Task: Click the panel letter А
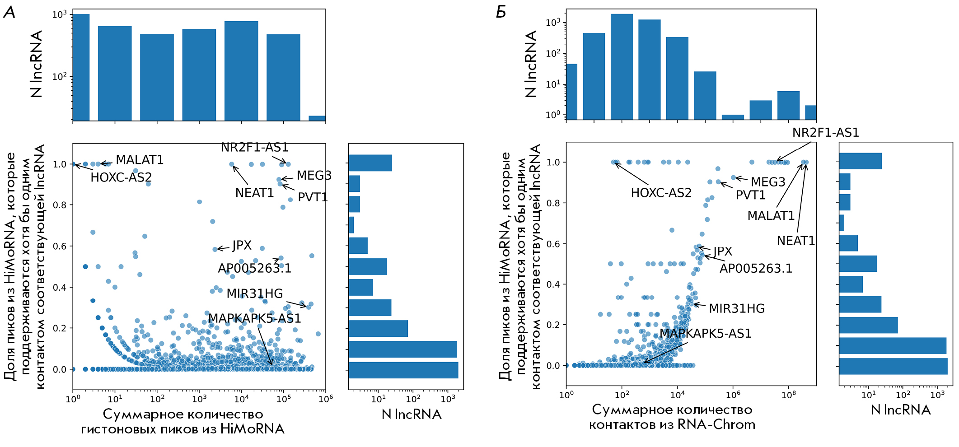[x=9, y=12]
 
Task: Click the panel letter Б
[x=501, y=12]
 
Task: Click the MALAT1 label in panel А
[x=140, y=160]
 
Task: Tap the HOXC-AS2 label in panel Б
[x=661, y=193]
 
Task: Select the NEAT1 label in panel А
[x=254, y=193]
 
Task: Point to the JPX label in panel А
[x=242, y=246]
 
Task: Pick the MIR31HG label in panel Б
[x=736, y=308]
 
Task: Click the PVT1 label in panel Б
[x=750, y=195]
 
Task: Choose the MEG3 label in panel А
[x=314, y=176]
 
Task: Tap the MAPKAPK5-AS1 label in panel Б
[x=705, y=334]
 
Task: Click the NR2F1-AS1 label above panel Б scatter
[x=825, y=133]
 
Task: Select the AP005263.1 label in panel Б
[x=756, y=269]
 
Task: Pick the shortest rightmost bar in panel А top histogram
[x=317, y=118]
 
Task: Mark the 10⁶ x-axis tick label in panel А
[x=326, y=399]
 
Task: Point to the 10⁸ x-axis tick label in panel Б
[x=789, y=395]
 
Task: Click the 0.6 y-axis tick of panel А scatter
[x=60, y=247]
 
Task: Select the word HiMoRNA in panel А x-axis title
[x=252, y=429]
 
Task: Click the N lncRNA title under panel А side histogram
[x=412, y=414]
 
